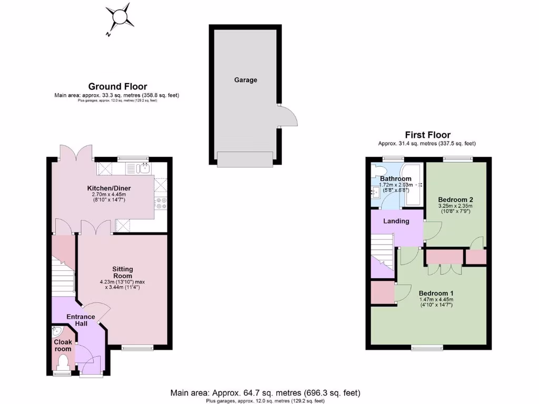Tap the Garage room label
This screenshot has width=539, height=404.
click(246, 80)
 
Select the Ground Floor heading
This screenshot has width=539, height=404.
click(117, 87)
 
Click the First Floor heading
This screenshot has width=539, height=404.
click(427, 135)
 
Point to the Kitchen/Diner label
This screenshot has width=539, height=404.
click(109, 188)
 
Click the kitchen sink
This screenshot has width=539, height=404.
click(142, 168)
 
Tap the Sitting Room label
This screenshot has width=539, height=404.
click(122, 272)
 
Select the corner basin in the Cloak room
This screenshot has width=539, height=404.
click(57, 332)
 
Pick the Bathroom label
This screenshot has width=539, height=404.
click(396, 179)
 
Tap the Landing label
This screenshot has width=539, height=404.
click(396, 221)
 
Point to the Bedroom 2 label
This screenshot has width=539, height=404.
click(456, 200)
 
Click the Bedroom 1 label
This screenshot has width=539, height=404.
click(436, 294)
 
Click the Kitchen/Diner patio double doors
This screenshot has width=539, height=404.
click(76, 153)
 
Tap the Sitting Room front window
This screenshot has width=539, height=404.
click(138, 347)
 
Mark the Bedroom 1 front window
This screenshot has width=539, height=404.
click(427, 348)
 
